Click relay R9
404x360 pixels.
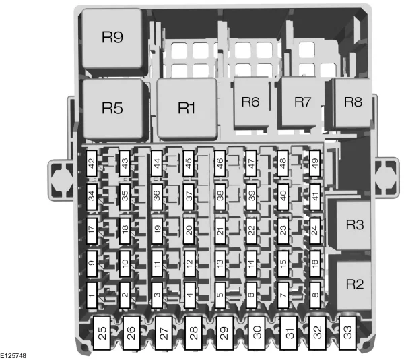pyautogui.click(x=112, y=38)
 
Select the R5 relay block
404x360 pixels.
pyautogui.click(x=113, y=109)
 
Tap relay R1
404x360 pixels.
pyautogui.click(x=187, y=109)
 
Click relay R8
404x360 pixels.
pyautogui.click(x=352, y=102)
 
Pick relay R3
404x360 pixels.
pyautogui.click(x=353, y=225)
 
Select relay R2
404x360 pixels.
pyautogui.click(x=353, y=284)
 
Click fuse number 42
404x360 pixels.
pyautogui.click(x=92, y=163)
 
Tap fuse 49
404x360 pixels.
pyautogui.click(x=315, y=163)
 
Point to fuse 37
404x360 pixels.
pyautogui.click(x=189, y=197)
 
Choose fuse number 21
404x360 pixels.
pyautogui.click(x=220, y=231)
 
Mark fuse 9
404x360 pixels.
pyautogui.click(x=92, y=264)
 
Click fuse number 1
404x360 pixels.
pyautogui.click(x=92, y=295)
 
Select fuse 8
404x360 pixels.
pyautogui.click(x=315, y=295)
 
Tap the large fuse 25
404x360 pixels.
pyautogui.click(x=102, y=333)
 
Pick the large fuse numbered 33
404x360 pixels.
pyautogui.click(x=348, y=333)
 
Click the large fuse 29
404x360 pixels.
pyautogui.click(x=224, y=333)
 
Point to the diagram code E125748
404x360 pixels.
pyautogui.click(x=13, y=356)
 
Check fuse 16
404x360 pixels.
pyautogui.click(x=315, y=264)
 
